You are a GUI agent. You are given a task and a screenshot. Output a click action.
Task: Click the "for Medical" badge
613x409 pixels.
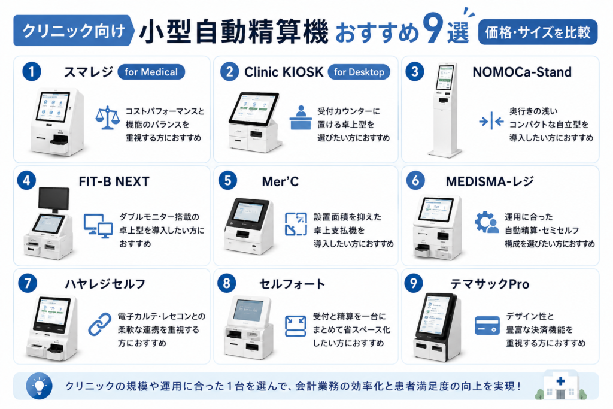pyautogui.click(x=151, y=72)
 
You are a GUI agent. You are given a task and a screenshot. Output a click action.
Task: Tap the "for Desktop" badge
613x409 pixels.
pyautogui.click(x=359, y=72)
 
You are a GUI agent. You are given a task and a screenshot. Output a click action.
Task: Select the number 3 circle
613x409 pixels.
pyautogui.click(x=415, y=71)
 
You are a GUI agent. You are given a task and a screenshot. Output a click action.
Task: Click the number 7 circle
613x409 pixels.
pyautogui.click(x=28, y=283)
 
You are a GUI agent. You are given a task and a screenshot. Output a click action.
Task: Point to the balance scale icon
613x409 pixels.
pyautogui.click(x=108, y=118)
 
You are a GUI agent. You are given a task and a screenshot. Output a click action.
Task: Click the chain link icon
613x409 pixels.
pyautogui.click(x=100, y=324)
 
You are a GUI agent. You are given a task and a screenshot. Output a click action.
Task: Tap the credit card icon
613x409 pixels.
pyautogui.click(x=487, y=326)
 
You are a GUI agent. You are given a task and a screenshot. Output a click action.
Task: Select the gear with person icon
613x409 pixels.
pyautogui.click(x=486, y=222)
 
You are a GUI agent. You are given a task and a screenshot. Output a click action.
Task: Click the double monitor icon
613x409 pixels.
pyautogui.click(x=98, y=226)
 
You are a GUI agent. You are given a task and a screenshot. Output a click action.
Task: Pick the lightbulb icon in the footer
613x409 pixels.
pyautogui.click(x=39, y=386)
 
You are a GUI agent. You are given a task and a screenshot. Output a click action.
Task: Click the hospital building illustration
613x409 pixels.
pyautogui.click(x=560, y=385)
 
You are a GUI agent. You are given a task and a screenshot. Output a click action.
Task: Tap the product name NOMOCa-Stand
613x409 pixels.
pyautogui.click(x=522, y=72)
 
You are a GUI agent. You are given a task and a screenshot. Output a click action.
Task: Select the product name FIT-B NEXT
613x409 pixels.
pyautogui.click(x=114, y=181)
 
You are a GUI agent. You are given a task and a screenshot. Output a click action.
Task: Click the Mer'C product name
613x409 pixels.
pyautogui.click(x=280, y=181)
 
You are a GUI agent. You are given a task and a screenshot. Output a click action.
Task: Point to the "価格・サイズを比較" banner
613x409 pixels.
pyautogui.click(x=538, y=32)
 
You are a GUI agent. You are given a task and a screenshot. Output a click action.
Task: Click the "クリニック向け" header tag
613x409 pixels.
pyautogui.click(x=73, y=31)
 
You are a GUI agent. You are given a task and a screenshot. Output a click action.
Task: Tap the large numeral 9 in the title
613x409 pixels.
pyautogui.click(x=433, y=28)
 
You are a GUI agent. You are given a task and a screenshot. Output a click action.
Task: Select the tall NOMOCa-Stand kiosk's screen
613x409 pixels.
pyautogui.click(x=445, y=77)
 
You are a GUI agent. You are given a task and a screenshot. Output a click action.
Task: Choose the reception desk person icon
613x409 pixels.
pyautogui.click(x=301, y=117)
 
